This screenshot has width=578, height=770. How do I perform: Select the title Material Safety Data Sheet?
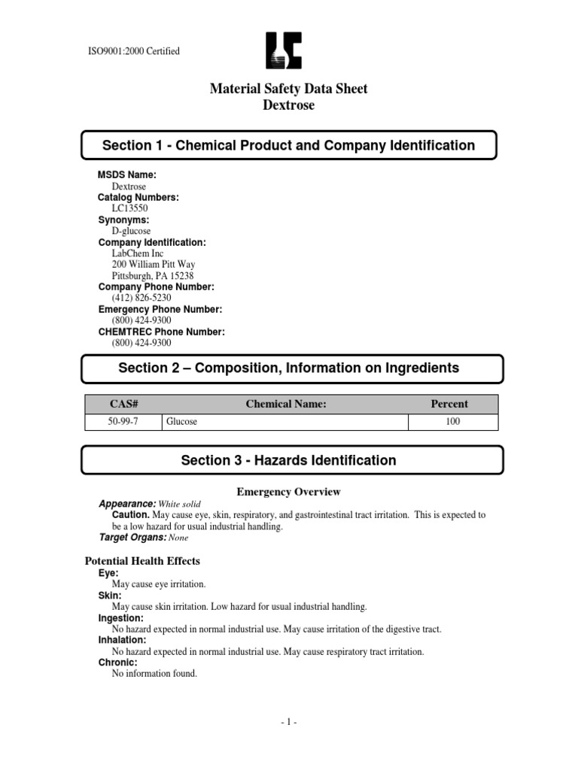coord(288,89)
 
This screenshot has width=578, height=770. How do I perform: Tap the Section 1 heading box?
coord(288,145)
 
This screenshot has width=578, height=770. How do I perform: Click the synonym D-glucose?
coord(132,231)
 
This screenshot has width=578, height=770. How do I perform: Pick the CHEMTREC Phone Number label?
coord(161,332)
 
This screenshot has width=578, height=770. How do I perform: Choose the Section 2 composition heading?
coord(288,368)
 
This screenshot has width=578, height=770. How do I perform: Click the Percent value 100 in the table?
coord(452,422)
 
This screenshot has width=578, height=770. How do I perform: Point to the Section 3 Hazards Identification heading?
coord(288,460)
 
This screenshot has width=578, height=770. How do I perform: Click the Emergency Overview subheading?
coord(288,492)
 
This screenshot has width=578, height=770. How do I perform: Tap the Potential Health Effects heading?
coord(141,561)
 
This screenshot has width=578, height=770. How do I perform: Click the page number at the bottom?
coord(288,723)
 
